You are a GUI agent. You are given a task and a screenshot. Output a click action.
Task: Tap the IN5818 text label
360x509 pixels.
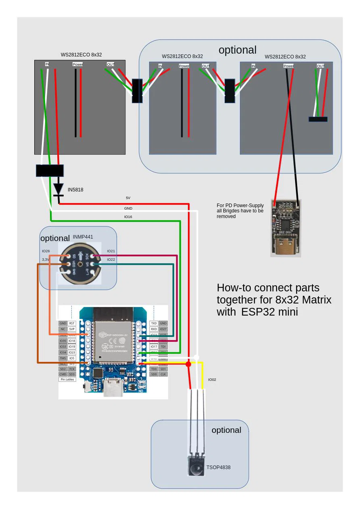point(75,190)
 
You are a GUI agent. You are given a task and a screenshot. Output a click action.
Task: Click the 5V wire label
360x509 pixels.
point(128,198)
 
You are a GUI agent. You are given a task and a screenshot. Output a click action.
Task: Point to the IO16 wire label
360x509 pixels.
point(128,217)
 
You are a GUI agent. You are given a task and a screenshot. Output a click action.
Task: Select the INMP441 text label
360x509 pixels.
point(83,237)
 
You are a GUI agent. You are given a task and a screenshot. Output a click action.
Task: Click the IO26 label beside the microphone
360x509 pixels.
point(46,251)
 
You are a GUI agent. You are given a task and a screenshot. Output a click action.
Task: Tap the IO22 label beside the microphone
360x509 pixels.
point(111,260)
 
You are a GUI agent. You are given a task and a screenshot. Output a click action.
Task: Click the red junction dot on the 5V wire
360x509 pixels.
point(188,364)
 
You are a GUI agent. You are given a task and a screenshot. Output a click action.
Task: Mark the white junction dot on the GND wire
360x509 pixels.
point(196,357)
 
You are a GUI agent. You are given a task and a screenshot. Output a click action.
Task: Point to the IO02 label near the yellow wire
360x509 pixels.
point(212,380)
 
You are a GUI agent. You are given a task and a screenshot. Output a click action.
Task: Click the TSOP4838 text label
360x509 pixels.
point(218,467)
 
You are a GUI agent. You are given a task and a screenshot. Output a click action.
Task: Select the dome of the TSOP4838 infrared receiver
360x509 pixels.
point(196,469)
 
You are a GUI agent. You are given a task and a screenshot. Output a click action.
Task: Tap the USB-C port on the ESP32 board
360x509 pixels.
point(113,389)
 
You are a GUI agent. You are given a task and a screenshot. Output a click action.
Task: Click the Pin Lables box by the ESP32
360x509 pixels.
point(67,379)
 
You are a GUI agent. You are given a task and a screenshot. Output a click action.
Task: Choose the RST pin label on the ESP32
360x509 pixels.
point(72,323)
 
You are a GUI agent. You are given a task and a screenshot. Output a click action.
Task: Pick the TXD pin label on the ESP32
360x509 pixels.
point(154,323)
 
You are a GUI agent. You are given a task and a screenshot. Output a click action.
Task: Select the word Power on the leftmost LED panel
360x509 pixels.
point(78,64)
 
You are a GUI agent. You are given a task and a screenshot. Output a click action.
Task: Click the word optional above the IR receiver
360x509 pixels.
point(226,430)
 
